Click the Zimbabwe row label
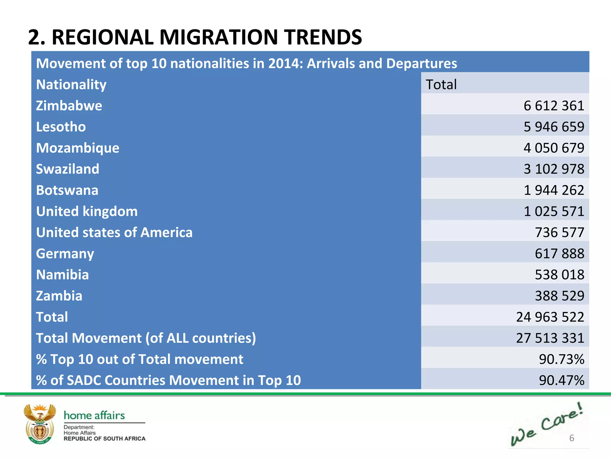click(69, 106)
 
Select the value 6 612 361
click(554, 106)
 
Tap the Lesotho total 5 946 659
click(554, 127)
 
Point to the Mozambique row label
click(78, 148)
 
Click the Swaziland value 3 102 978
click(554, 169)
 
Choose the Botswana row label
click(67, 190)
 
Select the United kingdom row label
click(87, 211)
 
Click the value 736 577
click(559, 232)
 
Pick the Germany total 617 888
click(559, 253)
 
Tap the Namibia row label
click(62, 275)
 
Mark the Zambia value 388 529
click(559, 296)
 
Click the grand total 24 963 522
click(550, 317)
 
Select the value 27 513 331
click(550, 338)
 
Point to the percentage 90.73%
click(561, 359)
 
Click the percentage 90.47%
click(561, 380)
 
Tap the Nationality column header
click(71, 85)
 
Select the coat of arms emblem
click(40, 424)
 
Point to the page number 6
click(572, 438)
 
